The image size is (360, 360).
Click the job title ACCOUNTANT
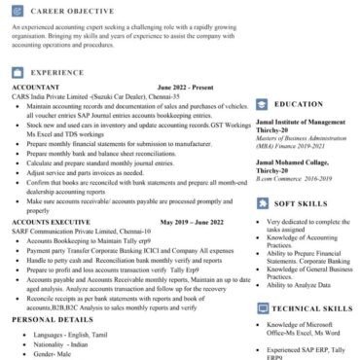click(x=35, y=87)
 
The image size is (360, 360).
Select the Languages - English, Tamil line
click(x=69, y=334)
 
